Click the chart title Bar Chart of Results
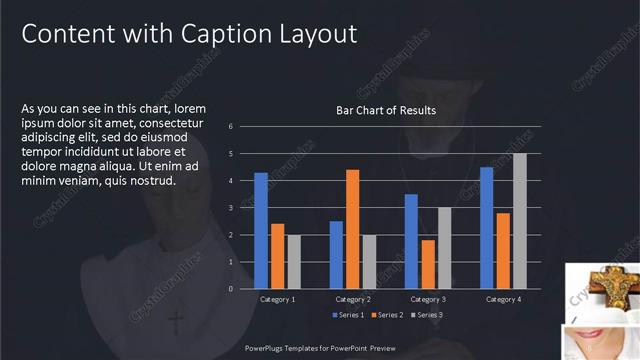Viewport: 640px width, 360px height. pyautogui.click(x=385, y=111)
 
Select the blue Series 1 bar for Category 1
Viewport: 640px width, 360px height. pyautogui.click(x=261, y=230)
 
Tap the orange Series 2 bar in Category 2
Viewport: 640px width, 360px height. pyautogui.click(x=352, y=229)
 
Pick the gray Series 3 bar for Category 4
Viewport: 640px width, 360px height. pyautogui.click(x=519, y=221)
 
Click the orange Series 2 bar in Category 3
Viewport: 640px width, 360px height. pyautogui.click(x=428, y=264)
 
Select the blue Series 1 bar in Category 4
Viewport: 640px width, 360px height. pyautogui.click(x=487, y=227)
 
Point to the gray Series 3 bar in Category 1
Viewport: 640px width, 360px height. pyautogui.click(x=294, y=261)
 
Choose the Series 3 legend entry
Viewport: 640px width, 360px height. pyautogui.click(x=426, y=315)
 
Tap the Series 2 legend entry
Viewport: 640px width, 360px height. pyautogui.click(x=388, y=315)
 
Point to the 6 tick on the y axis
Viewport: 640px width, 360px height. pyautogui.click(x=231, y=127)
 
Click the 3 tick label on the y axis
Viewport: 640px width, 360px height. pyautogui.click(x=231, y=208)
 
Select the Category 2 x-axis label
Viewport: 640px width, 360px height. pyautogui.click(x=352, y=299)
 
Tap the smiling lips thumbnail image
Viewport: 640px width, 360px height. pyautogui.click(x=602, y=340)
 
